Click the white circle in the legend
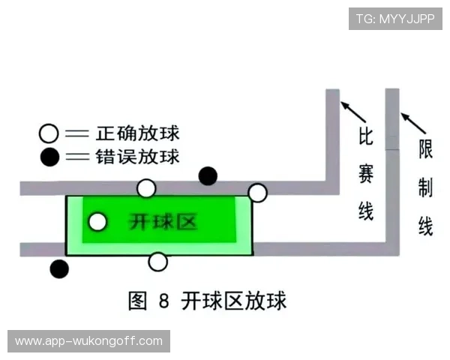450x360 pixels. (49, 134)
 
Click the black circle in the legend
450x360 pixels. (49, 157)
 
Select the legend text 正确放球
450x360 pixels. (137, 134)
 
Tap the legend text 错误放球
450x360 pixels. (137, 157)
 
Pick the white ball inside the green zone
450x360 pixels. (97, 222)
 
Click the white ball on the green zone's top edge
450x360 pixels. (147, 188)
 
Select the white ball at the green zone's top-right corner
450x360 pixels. (257, 193)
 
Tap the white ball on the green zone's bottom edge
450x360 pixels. (157, 262)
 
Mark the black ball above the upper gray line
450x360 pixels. (208, 176)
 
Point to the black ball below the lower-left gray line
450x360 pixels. (58, 268)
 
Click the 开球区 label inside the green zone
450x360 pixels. (163, 222)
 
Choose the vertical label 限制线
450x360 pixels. (425, 188)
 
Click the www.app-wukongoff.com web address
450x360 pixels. (89, 341)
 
